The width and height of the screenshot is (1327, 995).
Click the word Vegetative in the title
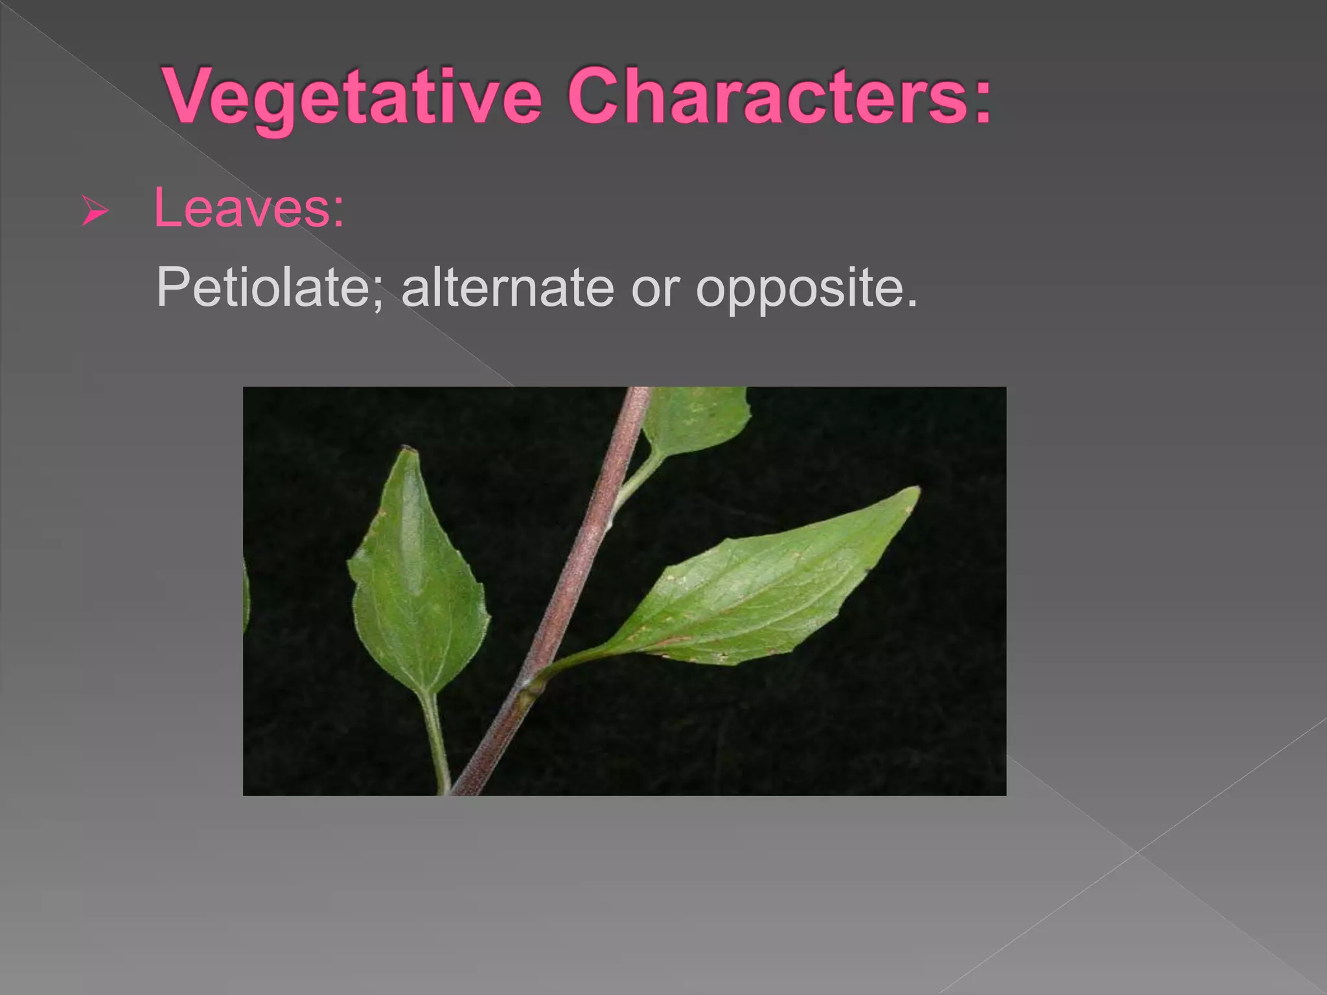coord(353,97)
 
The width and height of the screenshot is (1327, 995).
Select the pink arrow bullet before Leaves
coord(95,212)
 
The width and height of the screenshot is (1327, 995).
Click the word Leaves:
coord(249,209)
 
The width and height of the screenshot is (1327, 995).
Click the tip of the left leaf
coord(407,449)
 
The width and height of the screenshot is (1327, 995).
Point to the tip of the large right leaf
coord(917,490)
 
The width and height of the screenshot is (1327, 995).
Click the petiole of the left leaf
coord(435,732)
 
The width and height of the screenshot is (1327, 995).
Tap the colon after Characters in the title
coord(982,104)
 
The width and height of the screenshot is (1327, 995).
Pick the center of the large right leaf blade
coord(758,589)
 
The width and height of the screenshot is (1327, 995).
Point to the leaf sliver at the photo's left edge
coord(246,596)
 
